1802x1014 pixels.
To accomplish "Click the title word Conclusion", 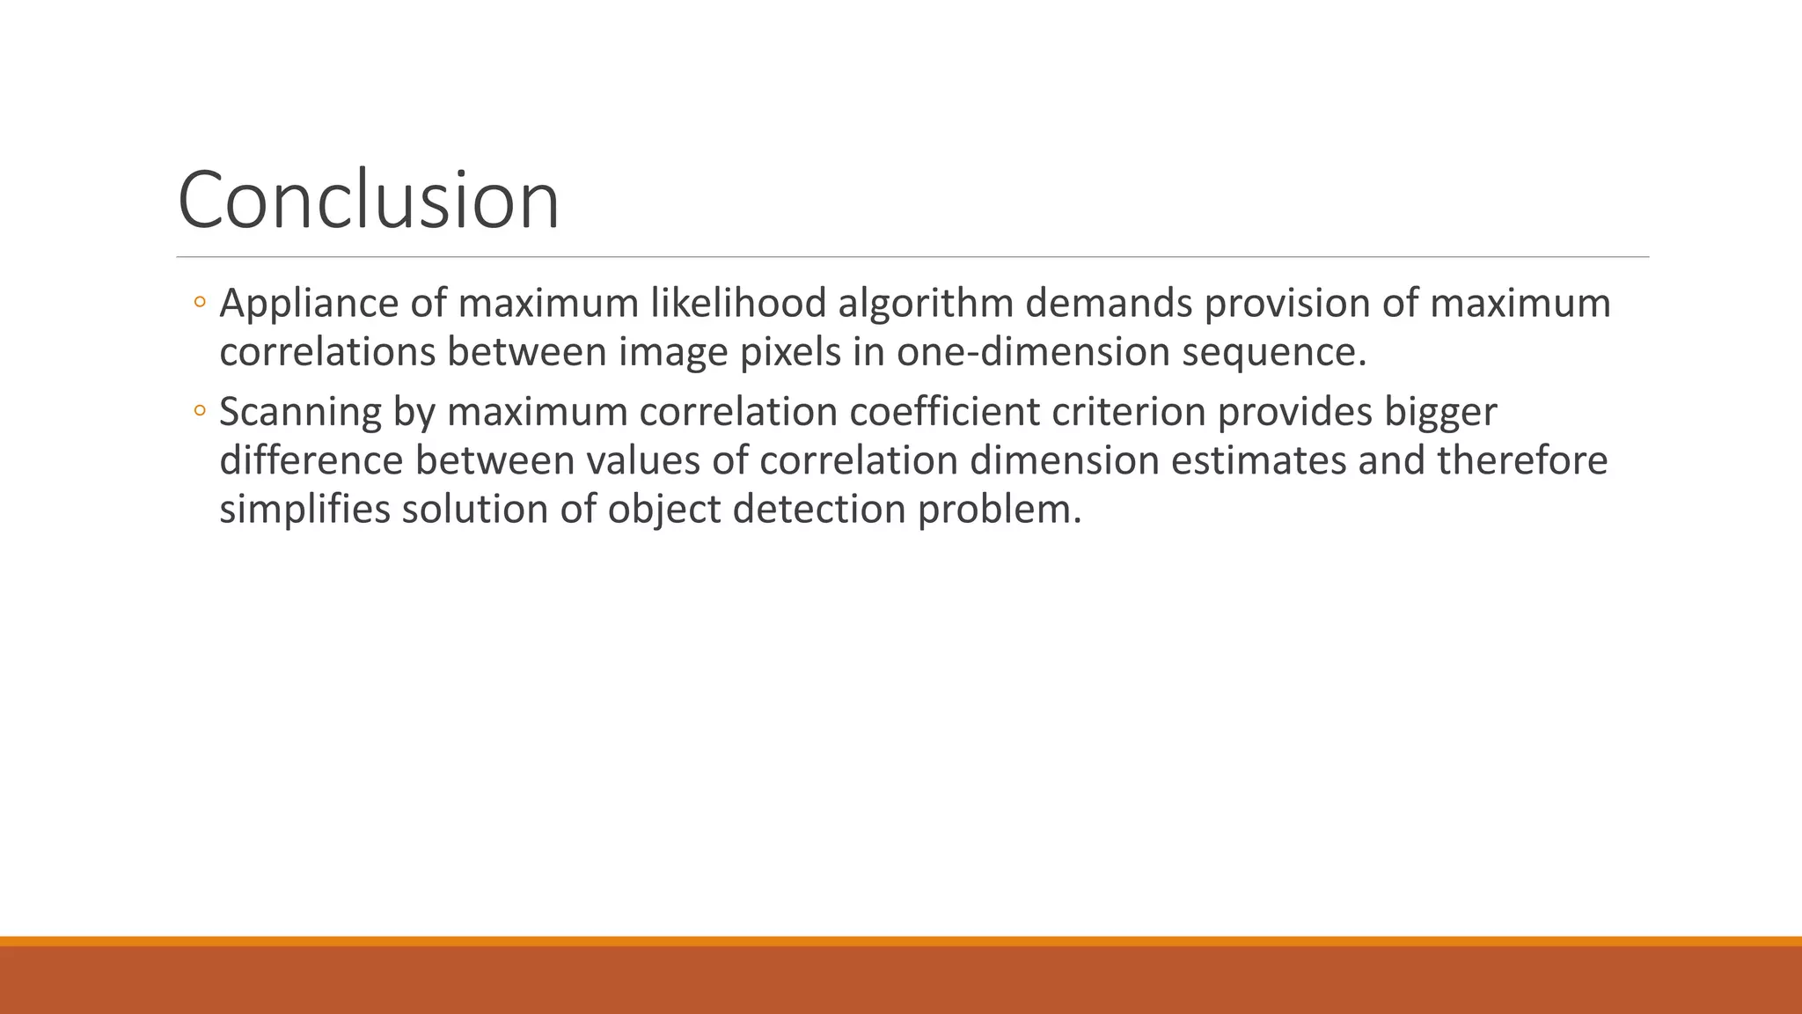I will tap(368, 201).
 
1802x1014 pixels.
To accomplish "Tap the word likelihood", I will tap(738, 304).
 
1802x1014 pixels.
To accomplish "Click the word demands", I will tap(1108, 304).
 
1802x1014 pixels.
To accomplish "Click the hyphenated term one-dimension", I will tap(1033, 353).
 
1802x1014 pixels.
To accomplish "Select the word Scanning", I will tap(300, 413).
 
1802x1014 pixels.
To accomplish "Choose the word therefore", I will tap(1522, 461).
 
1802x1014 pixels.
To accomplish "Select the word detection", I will tap(819, 510).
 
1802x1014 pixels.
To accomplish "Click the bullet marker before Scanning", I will tap(200, 411).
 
